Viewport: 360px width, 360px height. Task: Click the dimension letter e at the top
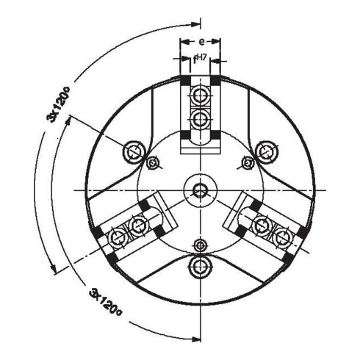tap(199, 42)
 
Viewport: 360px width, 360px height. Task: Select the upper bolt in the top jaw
tap(199, 96)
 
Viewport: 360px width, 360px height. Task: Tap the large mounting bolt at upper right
tap(266, 151)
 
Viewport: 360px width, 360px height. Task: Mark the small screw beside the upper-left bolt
tap(152, 162)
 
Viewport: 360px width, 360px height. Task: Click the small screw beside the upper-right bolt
tap(246, 162)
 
